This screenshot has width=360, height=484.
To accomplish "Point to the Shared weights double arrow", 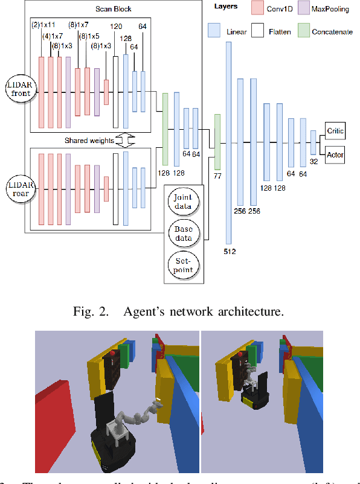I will (123, 141).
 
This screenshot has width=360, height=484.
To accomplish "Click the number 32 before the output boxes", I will (313, 162).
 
